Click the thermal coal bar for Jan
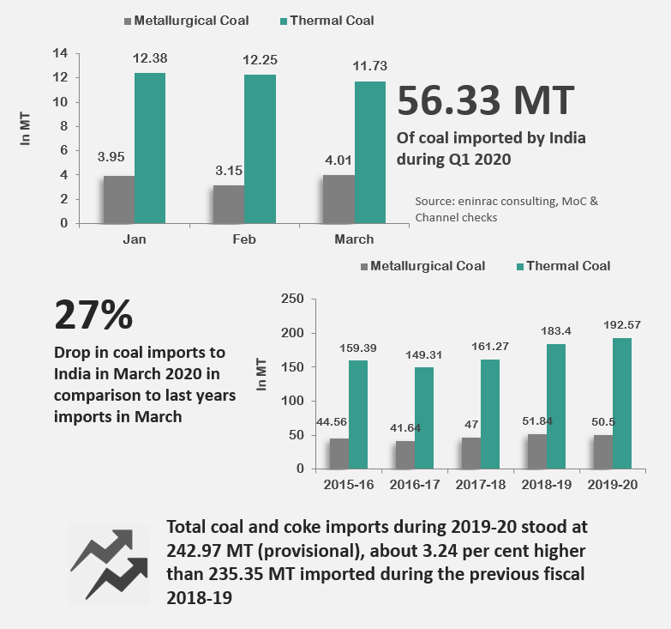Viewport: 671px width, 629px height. (x=149, y=148)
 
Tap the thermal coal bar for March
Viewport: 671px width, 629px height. (x=369, y=152)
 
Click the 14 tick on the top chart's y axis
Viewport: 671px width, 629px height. (x=60, y=53)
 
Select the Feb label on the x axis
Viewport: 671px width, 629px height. (x=243, y=239)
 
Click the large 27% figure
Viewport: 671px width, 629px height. (x=93, y=315)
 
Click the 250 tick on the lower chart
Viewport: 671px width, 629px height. (x=293, y=299)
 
